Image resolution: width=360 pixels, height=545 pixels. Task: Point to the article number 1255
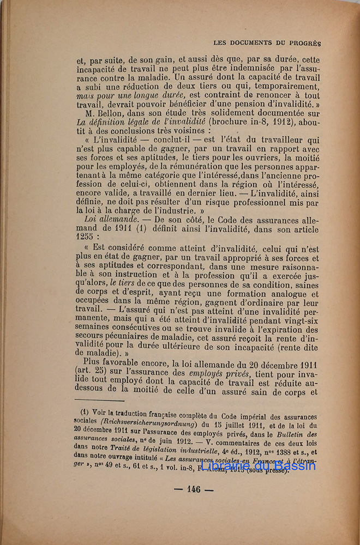[x=87, y=238]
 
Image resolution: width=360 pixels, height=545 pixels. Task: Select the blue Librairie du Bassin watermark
[x=258, y=467]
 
